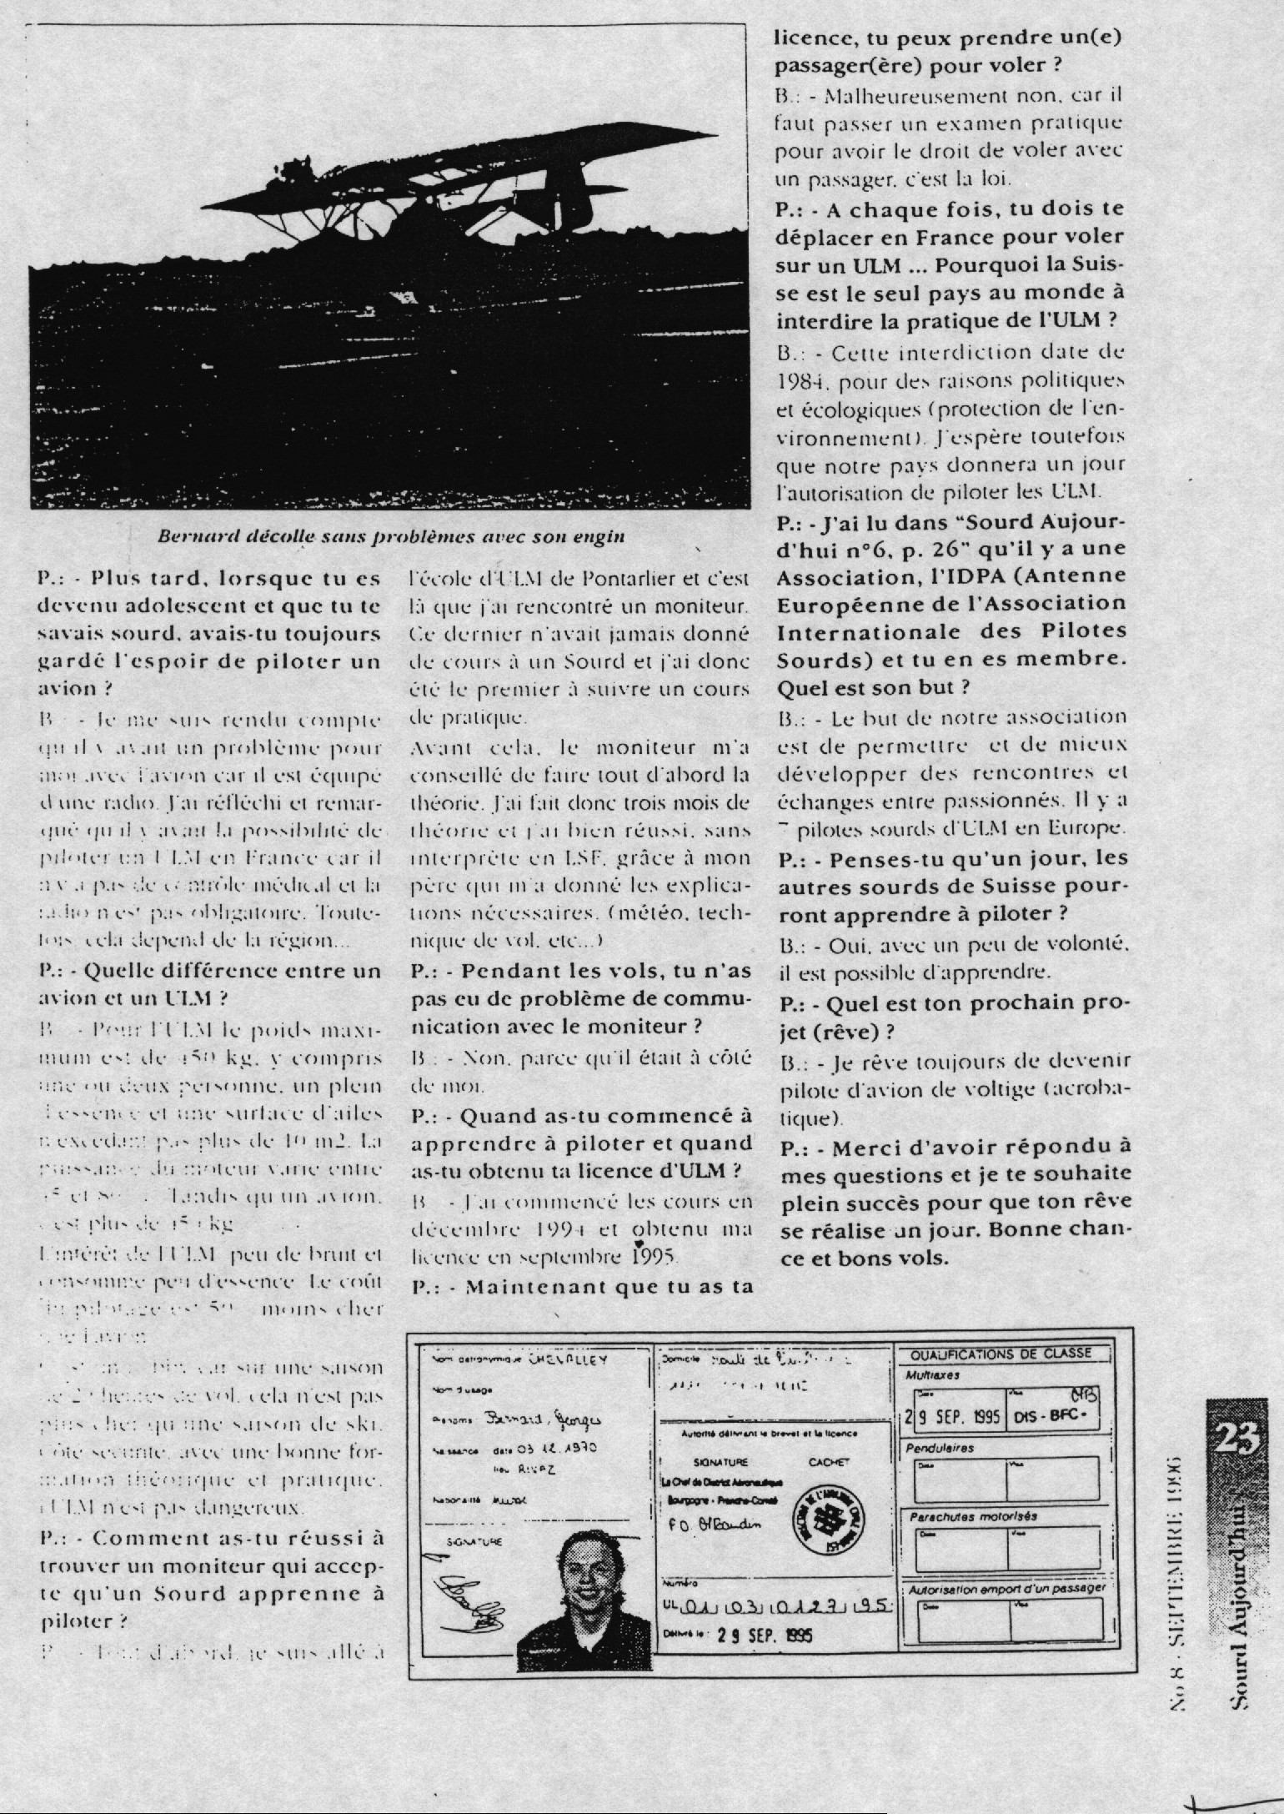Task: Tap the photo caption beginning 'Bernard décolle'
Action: point(391,536)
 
